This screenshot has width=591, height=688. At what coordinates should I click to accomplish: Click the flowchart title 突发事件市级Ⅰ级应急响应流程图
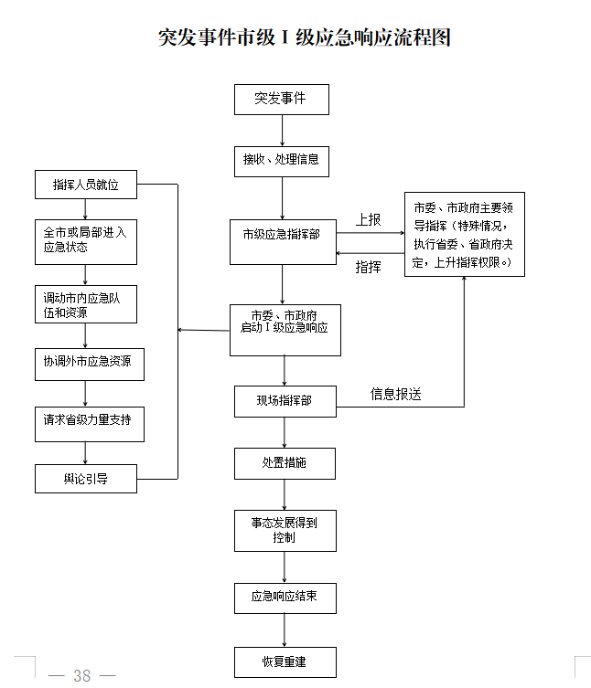click(305, 37)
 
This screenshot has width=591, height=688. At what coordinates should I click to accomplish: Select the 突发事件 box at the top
click(281, 100)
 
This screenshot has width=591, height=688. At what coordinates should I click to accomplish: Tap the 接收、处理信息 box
click(281, 160)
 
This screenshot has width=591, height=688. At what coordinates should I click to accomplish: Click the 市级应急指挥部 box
click(283, 235)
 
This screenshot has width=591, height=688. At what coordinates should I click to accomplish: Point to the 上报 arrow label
click(369, 220)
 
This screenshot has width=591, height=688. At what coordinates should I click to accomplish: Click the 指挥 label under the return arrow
click(369, 267)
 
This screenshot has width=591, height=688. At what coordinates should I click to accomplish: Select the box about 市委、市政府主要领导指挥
click(465, 234)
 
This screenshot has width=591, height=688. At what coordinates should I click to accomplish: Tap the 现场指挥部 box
click(285, 401)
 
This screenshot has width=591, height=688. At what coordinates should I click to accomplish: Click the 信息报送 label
click(396, 395)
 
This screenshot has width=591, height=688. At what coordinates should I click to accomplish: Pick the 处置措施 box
click(285, 463)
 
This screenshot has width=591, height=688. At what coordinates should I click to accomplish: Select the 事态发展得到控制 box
click(285, 530)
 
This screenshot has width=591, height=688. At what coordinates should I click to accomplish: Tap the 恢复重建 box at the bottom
click(285, 662)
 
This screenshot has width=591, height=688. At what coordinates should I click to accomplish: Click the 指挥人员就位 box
click(85, 185)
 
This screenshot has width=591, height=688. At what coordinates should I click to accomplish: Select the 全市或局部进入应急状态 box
click(85, 239)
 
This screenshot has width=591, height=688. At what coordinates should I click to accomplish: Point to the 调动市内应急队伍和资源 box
click(85, 305)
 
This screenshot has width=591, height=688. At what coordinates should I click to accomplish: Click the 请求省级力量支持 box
click(85, 420)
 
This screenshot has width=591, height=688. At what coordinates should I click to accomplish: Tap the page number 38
click(82, 676)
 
